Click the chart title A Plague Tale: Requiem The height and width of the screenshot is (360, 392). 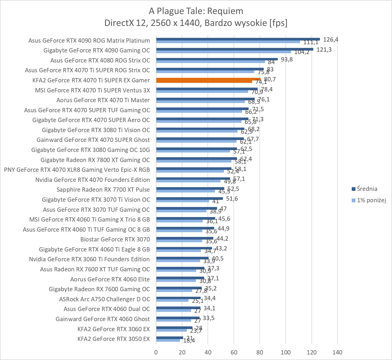coord(196,11)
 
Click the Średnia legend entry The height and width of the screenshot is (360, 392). coord(367,189)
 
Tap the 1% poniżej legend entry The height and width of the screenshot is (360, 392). coord(371,200)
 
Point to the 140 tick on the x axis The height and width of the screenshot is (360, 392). coord(337,352)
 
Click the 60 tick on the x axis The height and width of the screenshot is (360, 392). coord(234,352)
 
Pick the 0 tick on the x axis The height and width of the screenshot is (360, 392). coord(156,352)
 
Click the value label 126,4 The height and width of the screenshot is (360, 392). coord(331,39)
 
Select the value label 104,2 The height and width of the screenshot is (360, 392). coord(302,52)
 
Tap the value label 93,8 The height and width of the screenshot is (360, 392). coord(287,59)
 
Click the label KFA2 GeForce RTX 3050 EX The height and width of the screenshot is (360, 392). coord(113,339)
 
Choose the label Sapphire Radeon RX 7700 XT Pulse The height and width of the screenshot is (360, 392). coord(103,190)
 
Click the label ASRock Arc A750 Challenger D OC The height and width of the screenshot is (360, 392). coord(104,299)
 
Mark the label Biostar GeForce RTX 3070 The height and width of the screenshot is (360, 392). coord(115,239)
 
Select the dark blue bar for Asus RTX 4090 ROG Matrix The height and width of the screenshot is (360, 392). coord(238,39)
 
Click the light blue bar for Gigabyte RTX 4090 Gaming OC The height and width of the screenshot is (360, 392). coord(223,52)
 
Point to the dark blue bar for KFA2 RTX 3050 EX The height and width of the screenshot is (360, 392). coord(170,337)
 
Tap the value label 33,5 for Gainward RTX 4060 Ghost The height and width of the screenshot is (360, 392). coord(209,318)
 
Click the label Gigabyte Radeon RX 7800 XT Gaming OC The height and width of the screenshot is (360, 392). coord(95,160)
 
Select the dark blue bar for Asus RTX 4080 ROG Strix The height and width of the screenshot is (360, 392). coord(217,59)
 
